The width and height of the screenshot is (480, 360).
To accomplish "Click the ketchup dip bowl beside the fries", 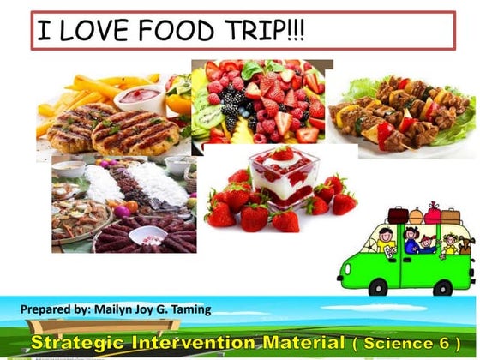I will click(139, 94).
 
